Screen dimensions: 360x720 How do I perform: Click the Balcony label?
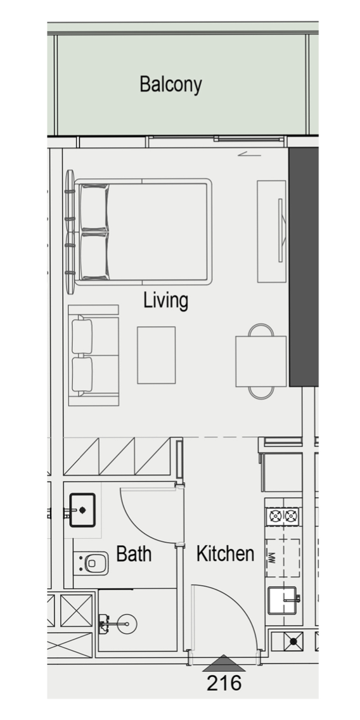(171, 85)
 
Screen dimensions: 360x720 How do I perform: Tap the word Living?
(166, 301)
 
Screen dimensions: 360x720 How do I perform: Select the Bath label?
(134, 554)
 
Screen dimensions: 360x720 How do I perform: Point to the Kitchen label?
(225, 554)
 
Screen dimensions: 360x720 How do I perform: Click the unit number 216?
(224, 683)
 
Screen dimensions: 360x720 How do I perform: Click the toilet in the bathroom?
(92, 563)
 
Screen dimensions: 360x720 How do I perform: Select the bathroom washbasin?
(82, 510)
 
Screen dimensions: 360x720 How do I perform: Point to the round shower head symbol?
(126, 624)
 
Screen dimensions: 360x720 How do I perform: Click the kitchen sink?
(283, 600)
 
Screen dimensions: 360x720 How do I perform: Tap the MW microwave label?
(271, 558)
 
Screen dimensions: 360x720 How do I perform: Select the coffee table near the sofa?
(156, 355)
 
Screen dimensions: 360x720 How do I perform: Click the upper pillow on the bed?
(94, 207)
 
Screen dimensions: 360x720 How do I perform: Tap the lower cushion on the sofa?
(82, 374)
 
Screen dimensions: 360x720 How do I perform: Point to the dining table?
(261, 361)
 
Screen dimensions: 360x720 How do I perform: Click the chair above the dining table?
(261, 330)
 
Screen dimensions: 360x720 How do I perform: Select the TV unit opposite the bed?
(271, 231)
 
